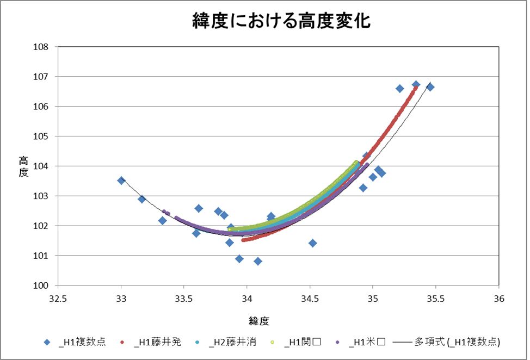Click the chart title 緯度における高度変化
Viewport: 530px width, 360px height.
click(x=281, y=21)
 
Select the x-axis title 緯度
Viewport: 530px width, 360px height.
click(x=260, y=321)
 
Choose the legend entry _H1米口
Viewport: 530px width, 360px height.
click(x=362, y=342)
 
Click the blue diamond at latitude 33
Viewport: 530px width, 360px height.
click(x=121, y=181)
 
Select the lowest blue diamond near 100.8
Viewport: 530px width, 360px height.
click(x=258, y=262)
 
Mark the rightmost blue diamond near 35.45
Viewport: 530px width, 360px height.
click(x=430, y=87)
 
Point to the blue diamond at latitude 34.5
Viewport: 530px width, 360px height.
click(x=313, y=243)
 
